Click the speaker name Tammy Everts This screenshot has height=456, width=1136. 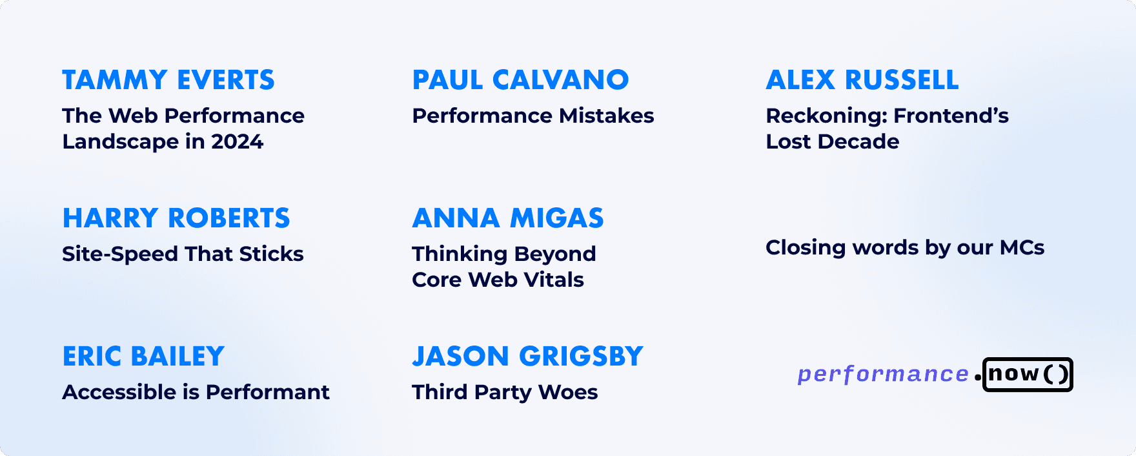[168, 80]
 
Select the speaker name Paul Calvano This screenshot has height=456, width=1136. [520, 80]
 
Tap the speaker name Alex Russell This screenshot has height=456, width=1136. [862, 80]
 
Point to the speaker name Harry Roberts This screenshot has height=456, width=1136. [176, 218]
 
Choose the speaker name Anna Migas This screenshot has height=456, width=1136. [508, 218]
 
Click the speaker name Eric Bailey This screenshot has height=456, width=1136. [143, 357]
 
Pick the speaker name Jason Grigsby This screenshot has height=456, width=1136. [527, 357]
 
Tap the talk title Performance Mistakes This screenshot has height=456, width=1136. [533, 116]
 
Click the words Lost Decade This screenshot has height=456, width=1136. [832, 141]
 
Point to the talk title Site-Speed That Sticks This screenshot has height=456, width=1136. [183, 254]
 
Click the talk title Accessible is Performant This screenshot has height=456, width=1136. [196, 392]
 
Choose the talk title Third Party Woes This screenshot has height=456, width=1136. [505, 392]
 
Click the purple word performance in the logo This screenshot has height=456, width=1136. [883, 375]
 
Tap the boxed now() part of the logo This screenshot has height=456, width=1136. [1028, 375]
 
